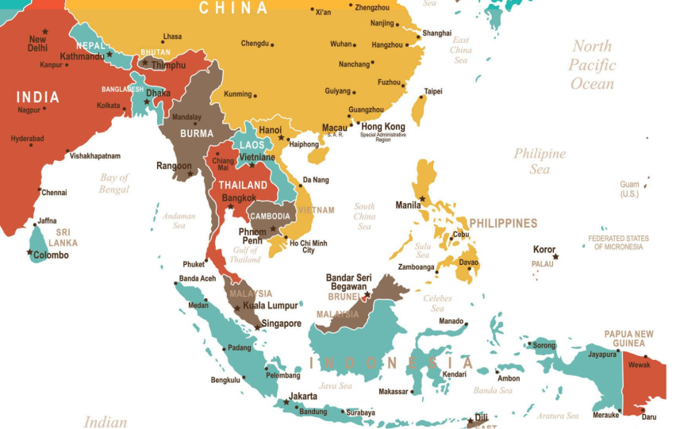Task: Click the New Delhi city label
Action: (x=36, y=44)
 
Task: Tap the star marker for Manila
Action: (x=422, y=198)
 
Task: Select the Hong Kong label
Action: (x=382, y=127)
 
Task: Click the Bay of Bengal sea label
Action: (x=114, y=183)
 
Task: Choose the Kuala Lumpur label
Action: (x=271, y=305)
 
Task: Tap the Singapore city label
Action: (x=282, y=324)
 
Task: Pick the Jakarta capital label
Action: (x=303, y=396)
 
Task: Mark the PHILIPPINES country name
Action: (x=503, y=224)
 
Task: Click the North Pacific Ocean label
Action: (x=592, y=65)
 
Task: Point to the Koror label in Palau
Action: (x=544, y=250)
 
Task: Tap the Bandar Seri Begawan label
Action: (x=348, y=282)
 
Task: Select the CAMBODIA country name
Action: (x=270, y=216)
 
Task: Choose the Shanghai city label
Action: (x=436, y=33)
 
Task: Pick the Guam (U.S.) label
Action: (x=629, y=189)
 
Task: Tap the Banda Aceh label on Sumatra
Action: (x=197, y=278)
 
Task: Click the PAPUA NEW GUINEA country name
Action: (x=629, y=339)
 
